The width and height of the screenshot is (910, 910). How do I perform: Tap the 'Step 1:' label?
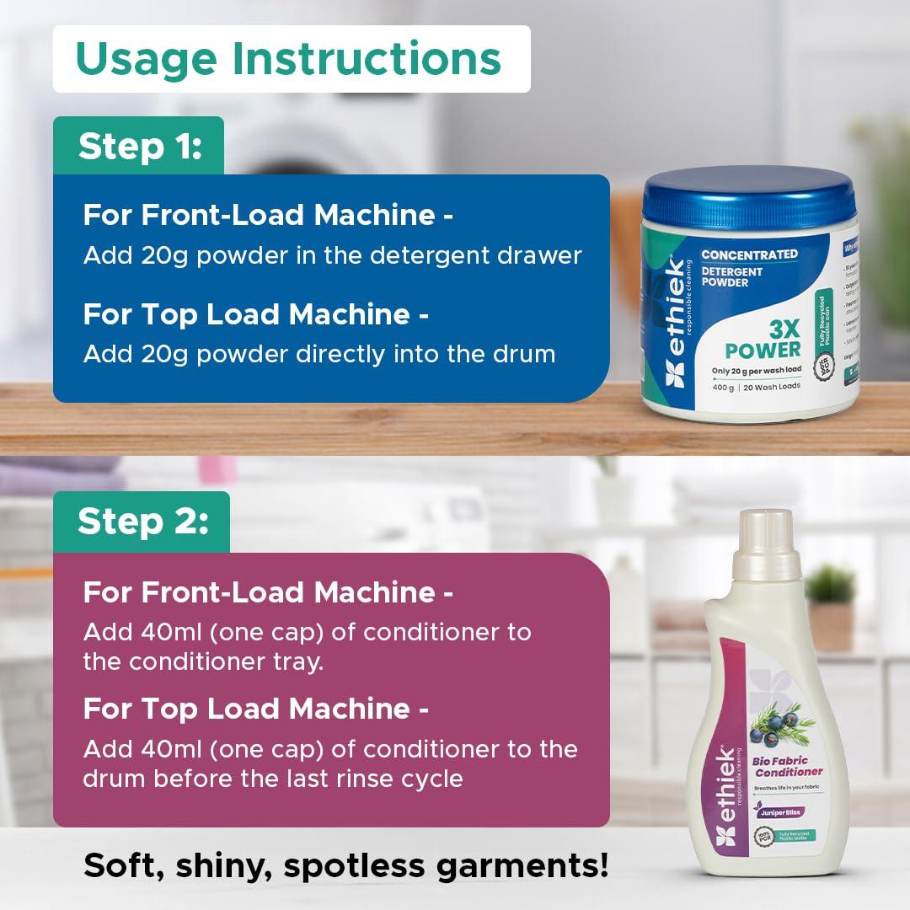tap(140, 147)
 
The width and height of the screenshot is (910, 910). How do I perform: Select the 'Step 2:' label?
tap(142, 522)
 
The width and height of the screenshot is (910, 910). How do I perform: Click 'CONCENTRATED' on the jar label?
tap(749, 254)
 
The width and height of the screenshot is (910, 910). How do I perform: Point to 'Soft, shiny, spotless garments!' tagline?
tap(345, 865)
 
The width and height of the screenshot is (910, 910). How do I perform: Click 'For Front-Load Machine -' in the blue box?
tap(268, 215)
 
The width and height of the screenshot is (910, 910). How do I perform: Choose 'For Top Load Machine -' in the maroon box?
tap(255, 709)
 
